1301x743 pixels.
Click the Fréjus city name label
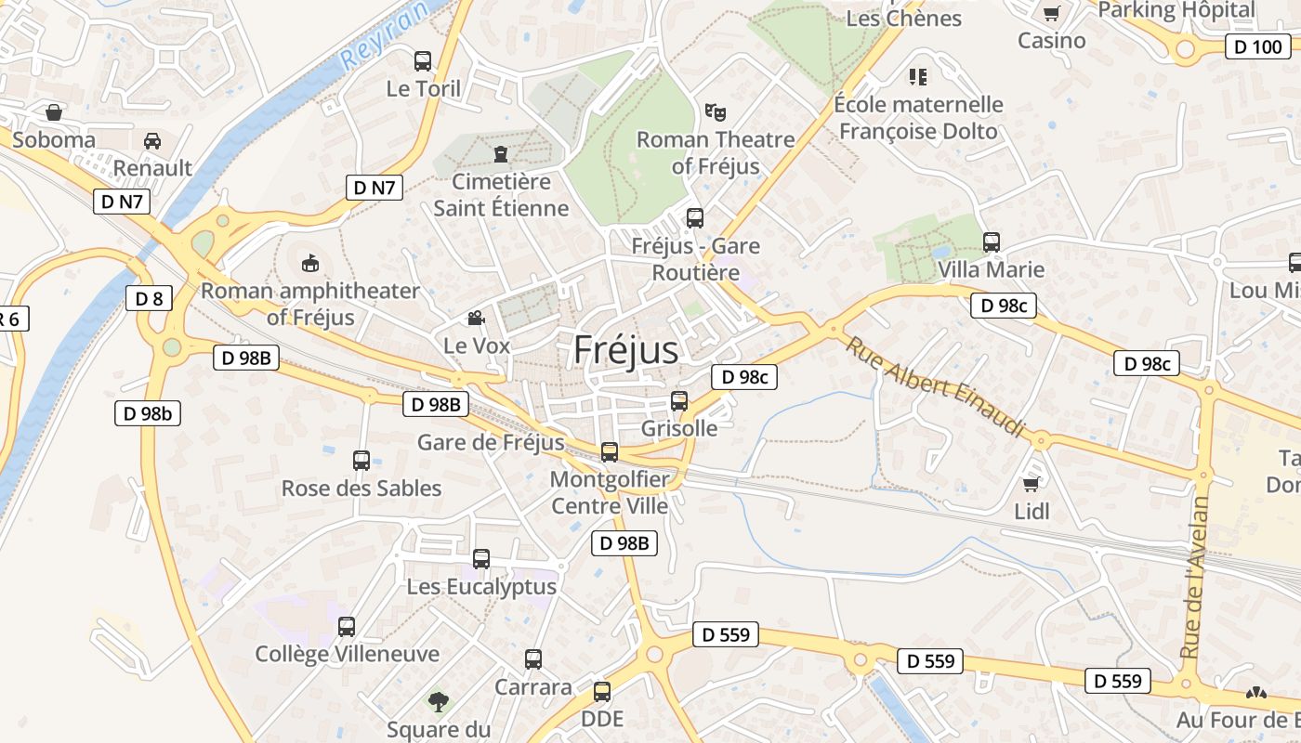pyautogui.click(x=625, y=350)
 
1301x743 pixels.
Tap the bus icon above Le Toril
pyautogui.click(x=423, y=61)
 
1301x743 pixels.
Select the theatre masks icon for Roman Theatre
pyautogui.click(x=715, y=112)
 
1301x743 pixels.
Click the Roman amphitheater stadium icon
pyautogui.click(x=310, y=264)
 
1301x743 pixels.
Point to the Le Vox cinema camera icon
pyautogui.click(x=476, y=319)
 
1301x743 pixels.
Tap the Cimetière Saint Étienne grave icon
pyautogui.click(x=502, y=153)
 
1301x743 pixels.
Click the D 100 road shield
pyautogui.click(x=1257, y=46)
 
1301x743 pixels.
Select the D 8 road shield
pyautogui.click(x=149, y=298)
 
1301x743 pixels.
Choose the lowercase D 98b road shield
pyautogui.click(x=148, y=413)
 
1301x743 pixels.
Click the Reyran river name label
pyautogui.click(x=386, y=34)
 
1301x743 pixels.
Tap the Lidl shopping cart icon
pyautogui.click(x=1031, y=485)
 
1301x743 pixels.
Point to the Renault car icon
pyautogui.click(x=152, y=141)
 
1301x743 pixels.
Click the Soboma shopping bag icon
pyautogui.click(x=54, y=112)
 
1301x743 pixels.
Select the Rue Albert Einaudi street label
pyautogui.click(x=935, y=386)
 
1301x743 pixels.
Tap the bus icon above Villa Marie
pyautogui.click(x=992, y=242)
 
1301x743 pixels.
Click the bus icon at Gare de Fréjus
pyautogui.click(x=610, y=452)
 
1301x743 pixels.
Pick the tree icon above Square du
pyautogui.click(x=438, y=701)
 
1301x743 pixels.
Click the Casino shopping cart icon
pyautogui.click(x=1051, y=13)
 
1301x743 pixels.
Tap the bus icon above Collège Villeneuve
pyautogui.click(x=347, y=627)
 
